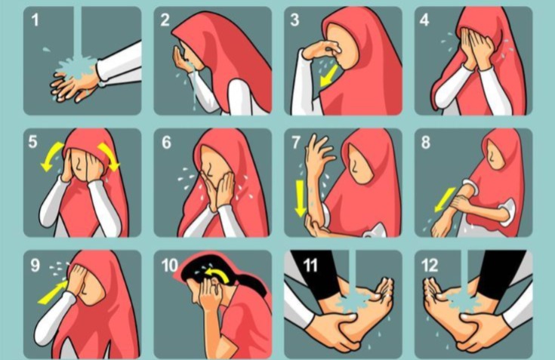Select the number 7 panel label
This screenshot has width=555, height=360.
click(x=296, y=142)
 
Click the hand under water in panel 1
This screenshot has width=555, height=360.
click(x=76, y=83)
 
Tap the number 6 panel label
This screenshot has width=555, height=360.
click(x=166, y=142)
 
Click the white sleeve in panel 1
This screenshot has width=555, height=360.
click(x=121, y=64)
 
